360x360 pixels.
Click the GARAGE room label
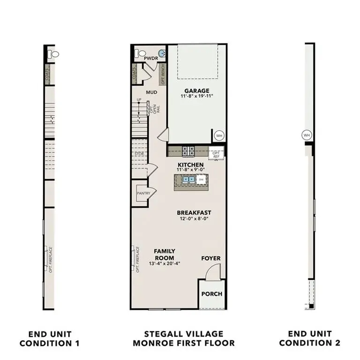click(x=197, y=90)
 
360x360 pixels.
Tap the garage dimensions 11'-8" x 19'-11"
click(x=197, y=97)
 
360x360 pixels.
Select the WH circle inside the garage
click(x=219, y=135)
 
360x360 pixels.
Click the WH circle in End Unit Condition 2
click(x=307, y=135)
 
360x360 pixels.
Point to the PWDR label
click(x=150, y=59)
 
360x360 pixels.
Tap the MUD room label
click(x=151, y=92)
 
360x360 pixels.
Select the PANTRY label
click(x=143, y=193)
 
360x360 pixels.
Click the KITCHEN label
click(x=190, y=165)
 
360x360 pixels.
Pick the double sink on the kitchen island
click(x=189, y=179)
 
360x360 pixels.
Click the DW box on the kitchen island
click(x=201, y=179)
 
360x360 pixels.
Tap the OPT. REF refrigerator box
click(x=217, y=155)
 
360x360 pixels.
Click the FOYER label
click(x=211, y=258)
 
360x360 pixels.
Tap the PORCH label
click(x=211, y=294)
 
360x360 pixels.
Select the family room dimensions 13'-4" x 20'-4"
click(x=164, y=263)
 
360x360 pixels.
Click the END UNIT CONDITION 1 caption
click(x=50, y=338)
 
